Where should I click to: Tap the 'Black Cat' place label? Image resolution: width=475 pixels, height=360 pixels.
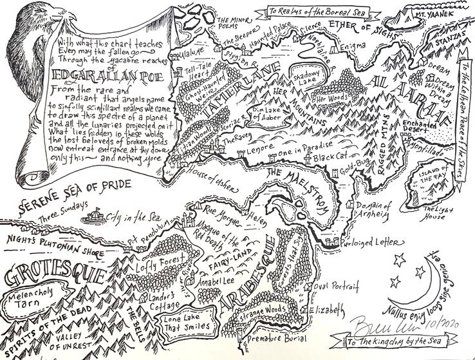tap(329, 157)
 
